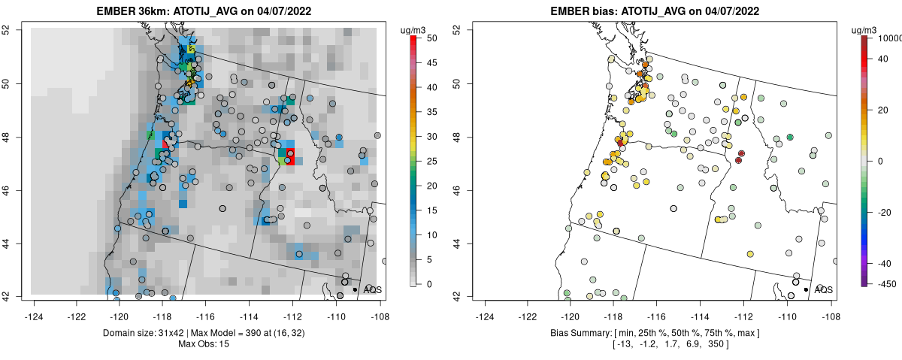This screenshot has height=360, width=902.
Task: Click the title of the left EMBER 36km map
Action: pyautogui.click(x=205, y=11)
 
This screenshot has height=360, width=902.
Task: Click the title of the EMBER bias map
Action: pyautogui.click(x=656, y=11)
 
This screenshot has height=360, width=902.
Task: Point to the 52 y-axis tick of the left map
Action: pyautogui.click(x=16, y=29)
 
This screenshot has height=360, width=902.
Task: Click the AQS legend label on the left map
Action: pyautogui.click(x=373, y=289)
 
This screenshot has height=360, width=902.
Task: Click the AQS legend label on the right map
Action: pyautogui.click(x=824, y=289)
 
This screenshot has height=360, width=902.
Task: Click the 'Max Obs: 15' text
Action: pyautogui.click(x=205, y=343)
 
